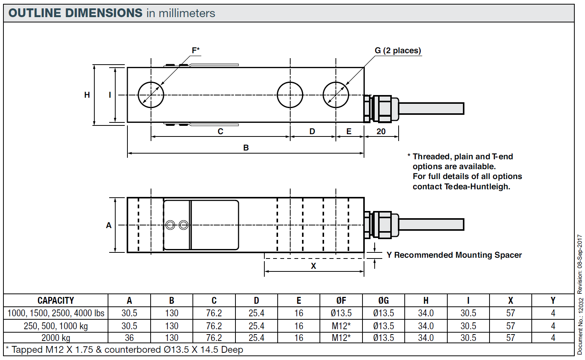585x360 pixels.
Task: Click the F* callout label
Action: coord(196,51)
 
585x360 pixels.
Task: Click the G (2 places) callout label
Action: coord(397,51)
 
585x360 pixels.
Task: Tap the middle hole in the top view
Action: coord(290,95)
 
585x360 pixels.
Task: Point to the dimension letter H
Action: coord(87,95)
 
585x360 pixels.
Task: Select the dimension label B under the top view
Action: coord(246,148)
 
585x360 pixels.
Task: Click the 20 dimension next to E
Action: coord(381,132)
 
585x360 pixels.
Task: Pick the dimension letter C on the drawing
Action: coord(220,132)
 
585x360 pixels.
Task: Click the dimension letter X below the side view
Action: coord(313,266)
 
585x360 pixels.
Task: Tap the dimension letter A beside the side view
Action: coord(109,225)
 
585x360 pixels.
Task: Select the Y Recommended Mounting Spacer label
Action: coord(454,255)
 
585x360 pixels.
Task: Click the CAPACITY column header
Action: coord(56,300)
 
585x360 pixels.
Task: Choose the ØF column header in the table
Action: coord(341,300)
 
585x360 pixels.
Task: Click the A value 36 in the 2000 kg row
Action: coord(129,338)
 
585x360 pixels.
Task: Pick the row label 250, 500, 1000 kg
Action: coord(56,326)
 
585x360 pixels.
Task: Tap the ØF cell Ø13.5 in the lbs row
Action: coord(341,313)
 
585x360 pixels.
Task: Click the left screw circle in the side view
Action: coord(170,225)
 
